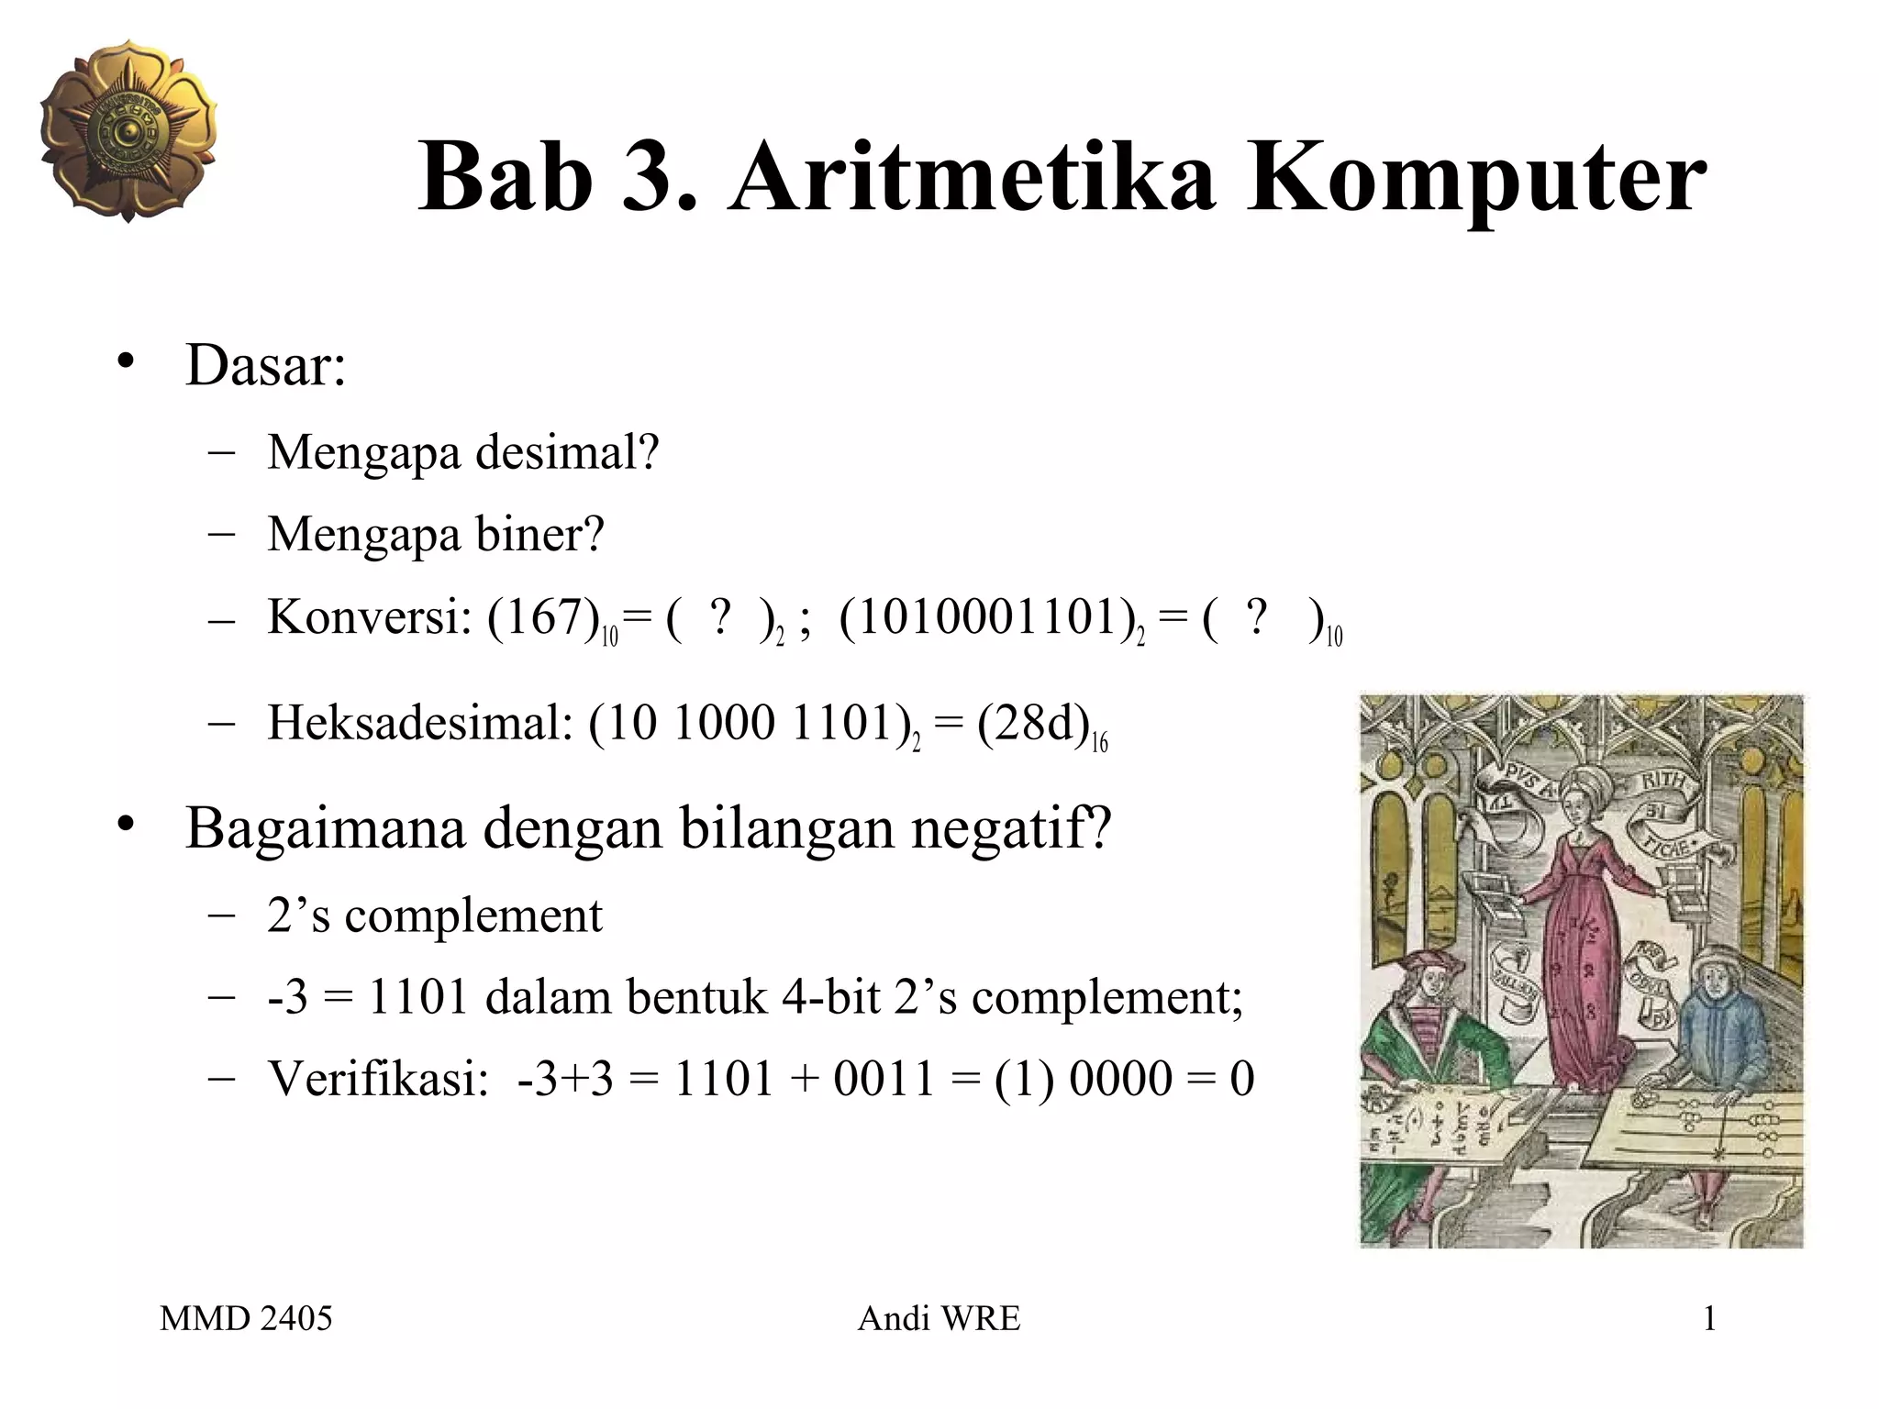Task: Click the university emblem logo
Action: click(128, 130)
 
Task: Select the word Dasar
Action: click(264, 365)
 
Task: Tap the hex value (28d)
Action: click(1032, 724)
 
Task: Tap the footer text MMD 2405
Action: click(246, 1319)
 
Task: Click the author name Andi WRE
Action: click(939, 1319)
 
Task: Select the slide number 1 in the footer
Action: click(1709, 1319)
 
